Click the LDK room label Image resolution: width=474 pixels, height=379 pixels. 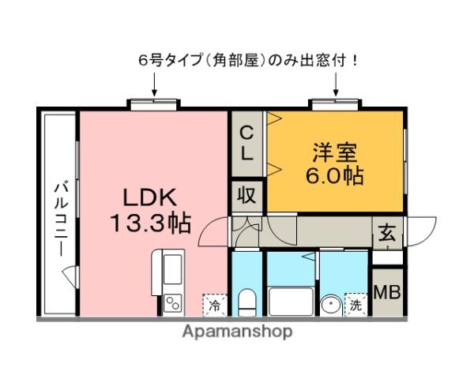tap(150, 197)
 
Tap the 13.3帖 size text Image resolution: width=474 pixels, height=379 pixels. tap(150, 224)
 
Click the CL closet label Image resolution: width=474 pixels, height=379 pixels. tap(247, 143)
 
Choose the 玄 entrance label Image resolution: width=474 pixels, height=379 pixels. tap(386, 233)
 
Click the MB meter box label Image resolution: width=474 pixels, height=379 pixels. tap(386, 292)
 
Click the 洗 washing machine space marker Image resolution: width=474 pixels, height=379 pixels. tap(355, 304)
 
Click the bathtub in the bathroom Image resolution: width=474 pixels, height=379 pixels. tap(291, 301)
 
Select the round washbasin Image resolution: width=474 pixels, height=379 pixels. tap(329, 303)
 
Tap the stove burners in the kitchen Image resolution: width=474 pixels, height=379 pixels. tap(172, 302)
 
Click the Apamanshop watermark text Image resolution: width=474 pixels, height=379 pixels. tap(237, 332)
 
